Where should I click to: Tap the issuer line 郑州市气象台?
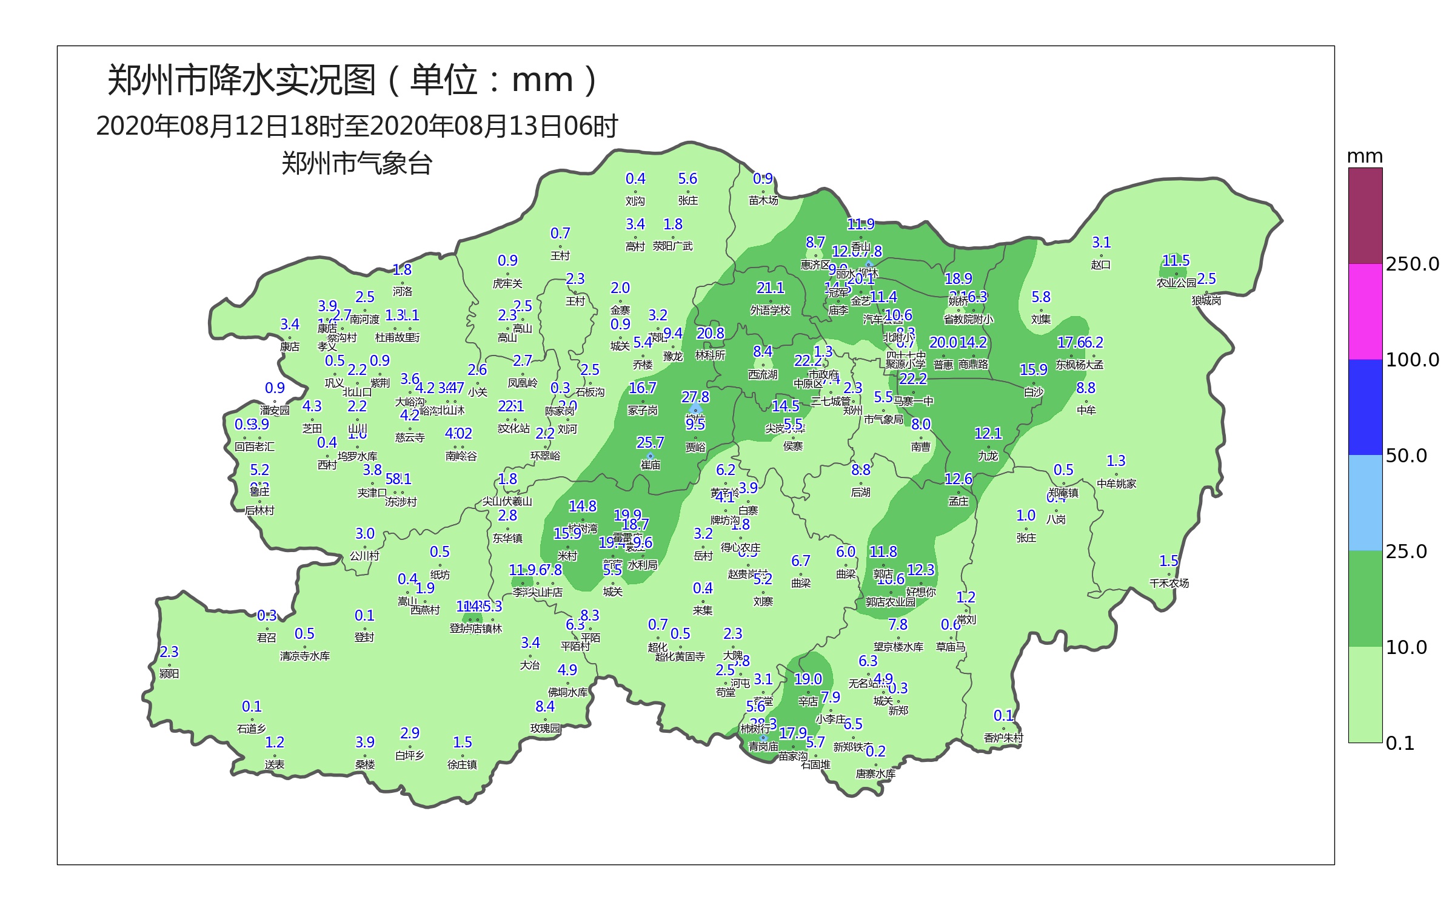(356, 164)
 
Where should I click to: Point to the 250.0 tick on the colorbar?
(1412, 264)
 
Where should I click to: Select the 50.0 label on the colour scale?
(1406, 456)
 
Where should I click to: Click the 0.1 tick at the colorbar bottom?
(1400, 743)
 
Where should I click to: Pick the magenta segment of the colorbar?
(1365, 312)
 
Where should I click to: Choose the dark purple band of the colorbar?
(1365, 216)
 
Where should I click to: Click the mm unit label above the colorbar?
(1365, 157)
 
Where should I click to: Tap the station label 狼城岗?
(1206, 301)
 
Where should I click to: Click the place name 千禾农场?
(1169, 584)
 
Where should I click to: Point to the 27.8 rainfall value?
(695, 397)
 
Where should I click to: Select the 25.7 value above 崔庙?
(650, 443)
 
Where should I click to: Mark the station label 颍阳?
(169, 674)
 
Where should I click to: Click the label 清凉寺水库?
(304, 656)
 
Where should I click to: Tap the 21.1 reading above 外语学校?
(770, 288)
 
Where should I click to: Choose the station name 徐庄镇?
(462, 765)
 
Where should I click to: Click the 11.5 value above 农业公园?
(1176, 261)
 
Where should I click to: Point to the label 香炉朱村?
(1003, 738)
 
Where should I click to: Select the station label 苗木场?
(763, 201)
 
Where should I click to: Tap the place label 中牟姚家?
(1116, 484)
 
